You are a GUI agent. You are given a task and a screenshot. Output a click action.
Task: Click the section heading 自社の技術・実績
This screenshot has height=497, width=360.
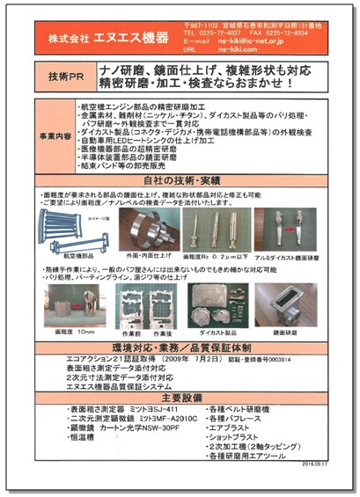pyautogui.click(x=180, y=177)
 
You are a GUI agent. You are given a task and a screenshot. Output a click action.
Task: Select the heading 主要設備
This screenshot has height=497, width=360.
pyautogui.click(x=180, y=394)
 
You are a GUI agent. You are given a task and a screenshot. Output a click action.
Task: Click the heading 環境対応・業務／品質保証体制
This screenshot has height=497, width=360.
pyautogui.click(x=180, y=349)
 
